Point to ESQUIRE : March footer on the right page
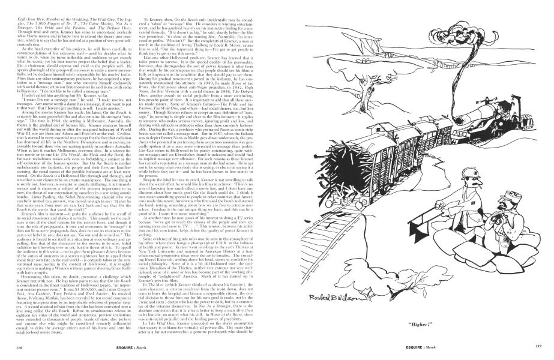click(x=414, y=347)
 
